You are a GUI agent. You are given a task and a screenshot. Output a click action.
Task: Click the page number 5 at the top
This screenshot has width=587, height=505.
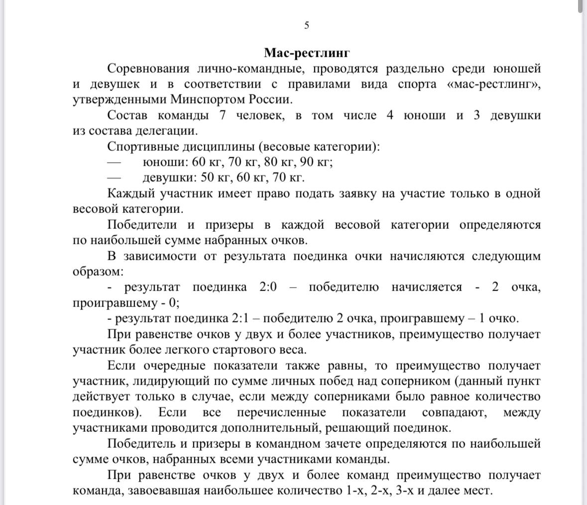pos(307,25)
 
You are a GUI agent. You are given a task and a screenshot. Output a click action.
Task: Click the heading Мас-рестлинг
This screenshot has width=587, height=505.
pos(307,53)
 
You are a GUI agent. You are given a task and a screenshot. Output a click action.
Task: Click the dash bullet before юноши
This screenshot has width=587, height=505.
pos(115,162)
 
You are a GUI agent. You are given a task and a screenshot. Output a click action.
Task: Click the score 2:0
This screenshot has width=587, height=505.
pos(268,288)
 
